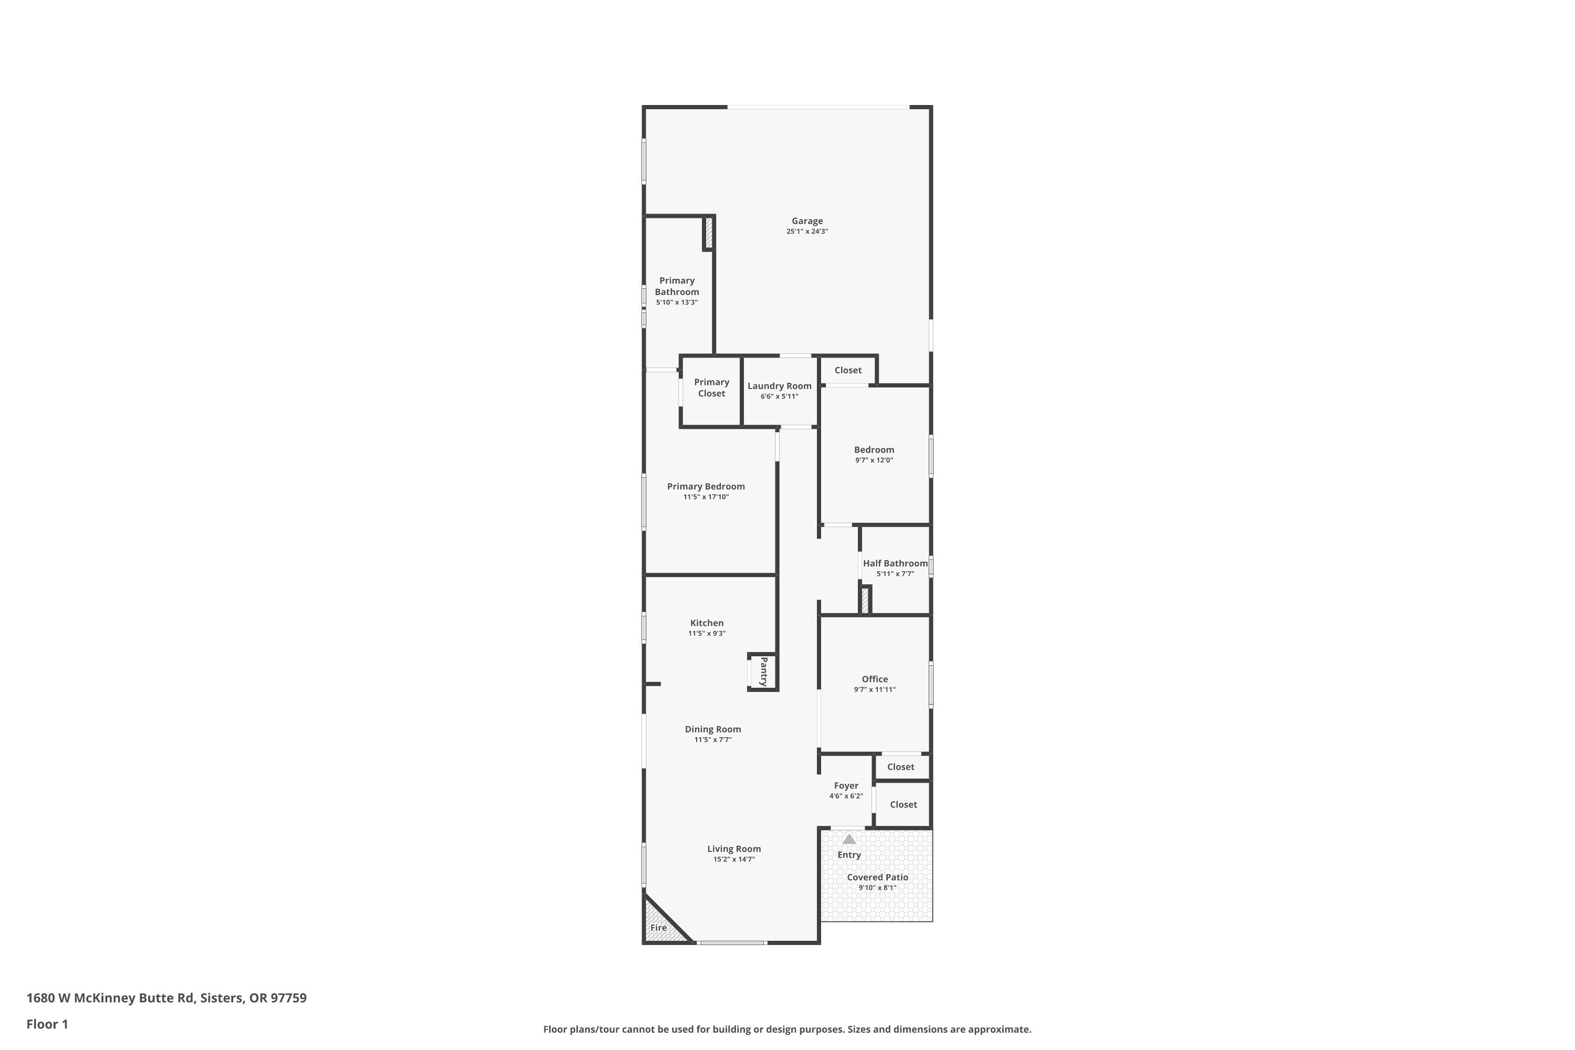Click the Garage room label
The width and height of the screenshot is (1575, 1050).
click(807, 221)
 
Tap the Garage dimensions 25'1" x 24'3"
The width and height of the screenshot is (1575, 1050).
click(807, 232)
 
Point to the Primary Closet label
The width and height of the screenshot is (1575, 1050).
click(711, 388)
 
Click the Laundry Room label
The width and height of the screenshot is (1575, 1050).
click(780, 386)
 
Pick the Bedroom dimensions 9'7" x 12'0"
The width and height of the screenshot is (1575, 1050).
click(874, 460)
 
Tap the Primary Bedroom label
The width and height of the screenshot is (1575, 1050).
click(706, 486)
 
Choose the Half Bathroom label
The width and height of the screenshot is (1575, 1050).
click(895, 563)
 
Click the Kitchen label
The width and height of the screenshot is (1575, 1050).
click(707, 623)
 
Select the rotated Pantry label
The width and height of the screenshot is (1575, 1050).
click(763, 671)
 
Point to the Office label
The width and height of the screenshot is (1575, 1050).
click(875, 679)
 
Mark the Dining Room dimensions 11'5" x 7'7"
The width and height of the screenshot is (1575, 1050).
click(712, 740)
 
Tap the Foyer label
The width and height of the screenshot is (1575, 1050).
click(846, 785)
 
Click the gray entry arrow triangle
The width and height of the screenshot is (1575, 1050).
click(849, 839)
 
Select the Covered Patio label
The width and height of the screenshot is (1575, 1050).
click(877, 877)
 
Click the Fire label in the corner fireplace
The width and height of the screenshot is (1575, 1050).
click(658, 928)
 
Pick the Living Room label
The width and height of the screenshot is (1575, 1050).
click(734, 849)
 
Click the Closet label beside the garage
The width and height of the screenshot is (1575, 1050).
click(848, 370)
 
